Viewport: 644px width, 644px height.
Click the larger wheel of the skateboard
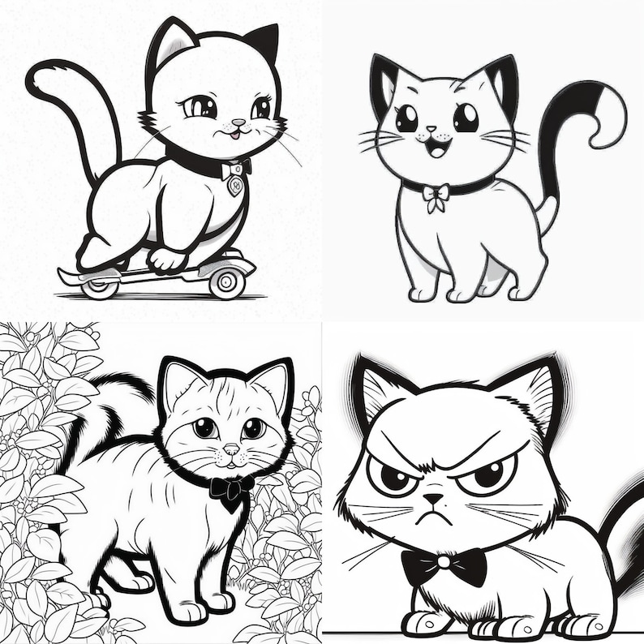(x=226, y=281)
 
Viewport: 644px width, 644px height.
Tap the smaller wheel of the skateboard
(x=101, y=286)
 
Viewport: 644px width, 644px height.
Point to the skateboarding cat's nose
(x=238, y=123)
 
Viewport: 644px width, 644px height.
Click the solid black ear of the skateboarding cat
(x=264, y=44)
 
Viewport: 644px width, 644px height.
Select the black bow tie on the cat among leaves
(x=230, y=488)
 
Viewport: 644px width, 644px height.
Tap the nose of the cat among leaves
(x=231, y=449)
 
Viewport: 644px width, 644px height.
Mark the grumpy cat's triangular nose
(x=436, y=500)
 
